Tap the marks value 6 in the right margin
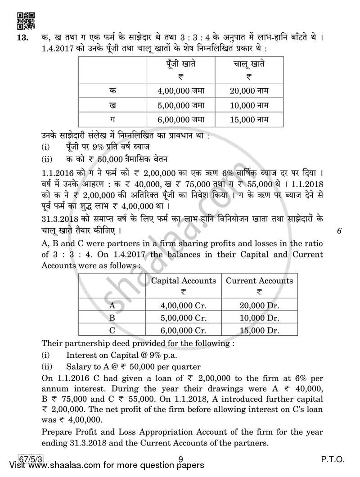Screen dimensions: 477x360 (339, 231)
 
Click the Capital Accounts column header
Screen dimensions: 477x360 (183, 281)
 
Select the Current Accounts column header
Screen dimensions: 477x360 (259, 281)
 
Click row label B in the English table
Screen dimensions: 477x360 (112, 318)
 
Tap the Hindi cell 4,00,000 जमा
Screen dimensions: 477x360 (181, 90)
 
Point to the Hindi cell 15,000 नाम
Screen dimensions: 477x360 (249, 119)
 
